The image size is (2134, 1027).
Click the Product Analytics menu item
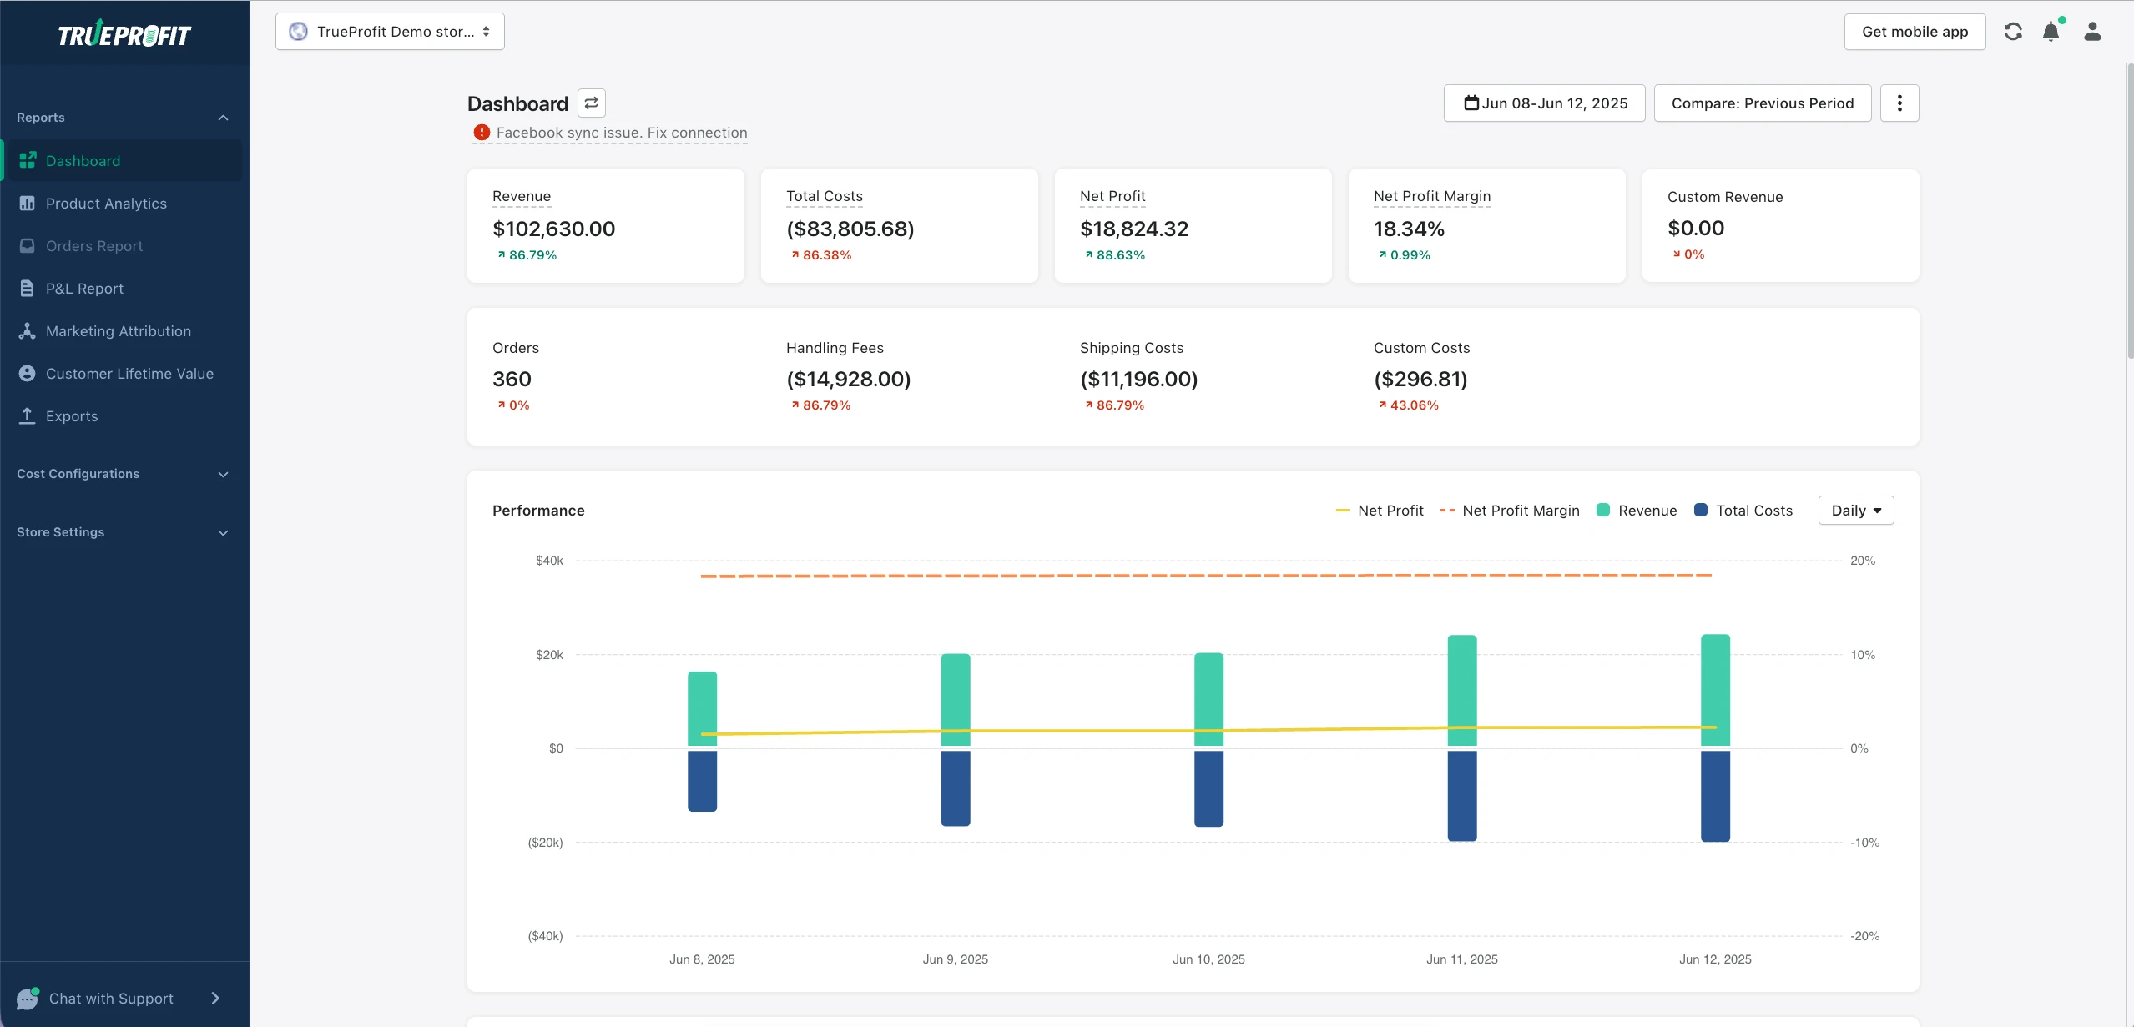pyautogui.click(x=106, y=204)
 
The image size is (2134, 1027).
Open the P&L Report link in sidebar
pyautogui.click(x=84, y=289)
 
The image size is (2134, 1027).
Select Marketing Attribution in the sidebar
pyautogui.click(x=118, y=331)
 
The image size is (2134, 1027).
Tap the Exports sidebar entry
pyautogui.click(x=72, y=416)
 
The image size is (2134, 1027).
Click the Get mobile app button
pyautogui.click(x=1915, y=32)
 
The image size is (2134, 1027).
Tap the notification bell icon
pyautogui.click(x=2051, y=33)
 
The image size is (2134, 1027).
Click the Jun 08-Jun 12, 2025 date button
pyautogui.click(x=1545, y=103)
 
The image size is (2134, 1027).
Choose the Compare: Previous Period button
pyautogui.click(x=1763, y=103)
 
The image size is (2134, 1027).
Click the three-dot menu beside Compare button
pyautogui.click(x=1899, y=103)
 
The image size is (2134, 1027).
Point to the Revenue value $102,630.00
pyautogui.click(x=553, y=229)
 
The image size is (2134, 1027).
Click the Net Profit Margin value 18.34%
pyautogui.click(x=1409, y=229)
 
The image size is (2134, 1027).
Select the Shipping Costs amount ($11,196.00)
pyautogui.click(x=1138, y=379)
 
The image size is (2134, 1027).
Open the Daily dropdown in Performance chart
pyautogui.click(x=1856, y=511)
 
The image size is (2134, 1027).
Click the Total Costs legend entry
pyautogui.click(x=1753, y=511)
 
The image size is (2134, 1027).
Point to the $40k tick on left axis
pyautogui.click(x=549, y=561)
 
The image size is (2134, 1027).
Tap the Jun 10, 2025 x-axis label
pyautogui.click(x=1208, y=959)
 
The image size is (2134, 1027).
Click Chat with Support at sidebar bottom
pyautogui.click(x=111, y=999)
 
